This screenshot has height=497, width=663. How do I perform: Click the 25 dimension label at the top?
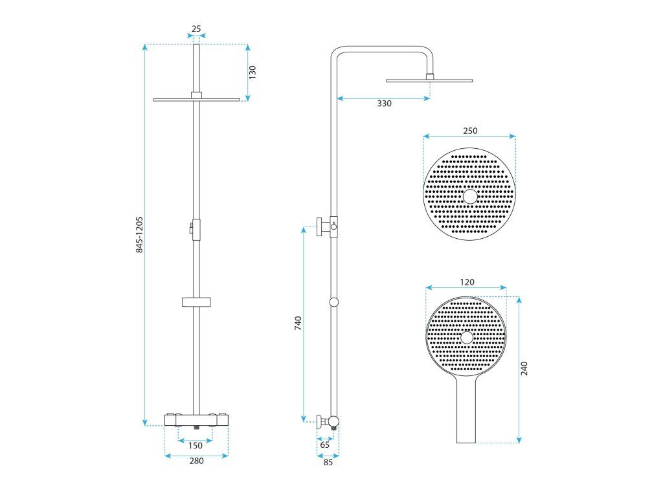click(196, 28)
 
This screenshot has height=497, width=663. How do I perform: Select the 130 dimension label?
click(253, 72)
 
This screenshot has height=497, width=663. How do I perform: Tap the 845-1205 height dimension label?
click(139, 234)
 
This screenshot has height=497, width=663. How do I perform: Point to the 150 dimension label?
click(196, 445)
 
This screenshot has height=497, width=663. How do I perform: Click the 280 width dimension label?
click(196, 461)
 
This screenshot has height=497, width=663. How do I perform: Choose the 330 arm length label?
click(385, 104)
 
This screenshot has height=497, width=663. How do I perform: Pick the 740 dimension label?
click(298, 324)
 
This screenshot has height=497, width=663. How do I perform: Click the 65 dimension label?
click(324, 445)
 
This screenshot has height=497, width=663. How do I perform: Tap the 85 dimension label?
click(328, 462)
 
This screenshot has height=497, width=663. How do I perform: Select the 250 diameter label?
click(470, 131)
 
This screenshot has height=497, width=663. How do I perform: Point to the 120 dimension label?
click(467, 282)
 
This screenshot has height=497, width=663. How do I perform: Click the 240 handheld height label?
click(524, 369)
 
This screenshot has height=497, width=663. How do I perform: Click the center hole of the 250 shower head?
click(470, 197)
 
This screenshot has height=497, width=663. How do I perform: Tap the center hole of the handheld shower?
click(467, 337)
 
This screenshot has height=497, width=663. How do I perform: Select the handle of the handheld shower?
click(467, 414)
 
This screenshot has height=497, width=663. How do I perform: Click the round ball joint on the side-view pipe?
click(333, 302)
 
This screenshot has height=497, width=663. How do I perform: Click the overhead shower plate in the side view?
click(429, 80)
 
